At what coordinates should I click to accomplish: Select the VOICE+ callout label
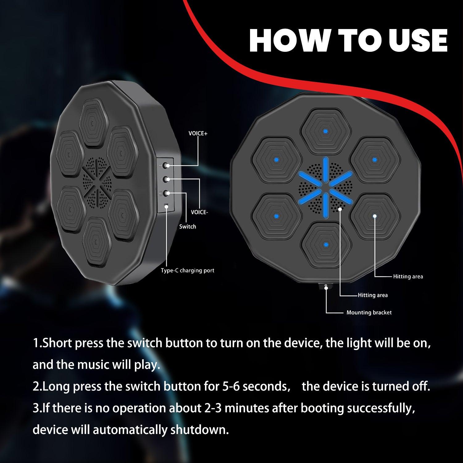[x=198, y=134]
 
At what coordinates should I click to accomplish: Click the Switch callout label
[x=188, y=227]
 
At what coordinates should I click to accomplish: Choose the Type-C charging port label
[x=187, y=271]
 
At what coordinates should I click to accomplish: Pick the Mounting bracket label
[x=369, y=313]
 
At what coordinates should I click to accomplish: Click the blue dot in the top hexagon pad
[x=325, y=131]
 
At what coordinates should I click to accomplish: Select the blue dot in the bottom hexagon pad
[x=325, y=245]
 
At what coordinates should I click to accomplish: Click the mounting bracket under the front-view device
[x=326, y=287]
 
